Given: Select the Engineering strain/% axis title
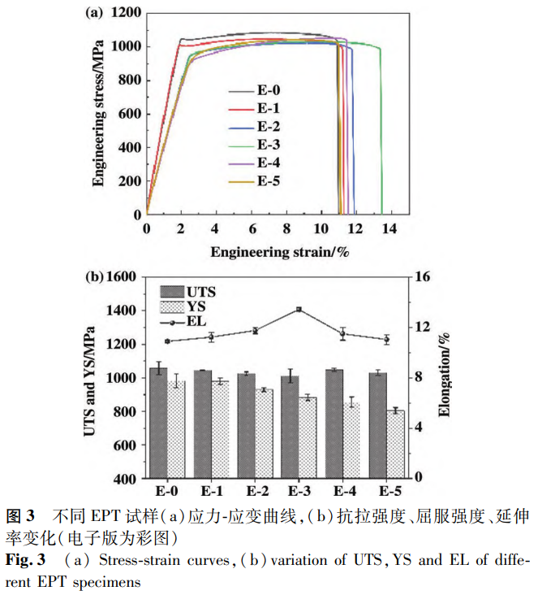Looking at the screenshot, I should (x=280, y=251).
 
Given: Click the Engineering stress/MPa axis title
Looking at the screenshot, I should (x=98, y=111).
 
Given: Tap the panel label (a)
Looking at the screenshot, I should (x=94, y=12).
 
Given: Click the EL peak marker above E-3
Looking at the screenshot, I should (x=299, y=310).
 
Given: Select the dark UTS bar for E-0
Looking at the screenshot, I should (x=158, y=423).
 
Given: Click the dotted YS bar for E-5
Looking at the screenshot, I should (x=394, y=444).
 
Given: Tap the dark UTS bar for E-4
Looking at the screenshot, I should (x=334, y=423).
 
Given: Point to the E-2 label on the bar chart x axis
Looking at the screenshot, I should (x=256, y=492).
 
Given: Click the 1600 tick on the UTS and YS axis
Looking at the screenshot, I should (x=123, y=276).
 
